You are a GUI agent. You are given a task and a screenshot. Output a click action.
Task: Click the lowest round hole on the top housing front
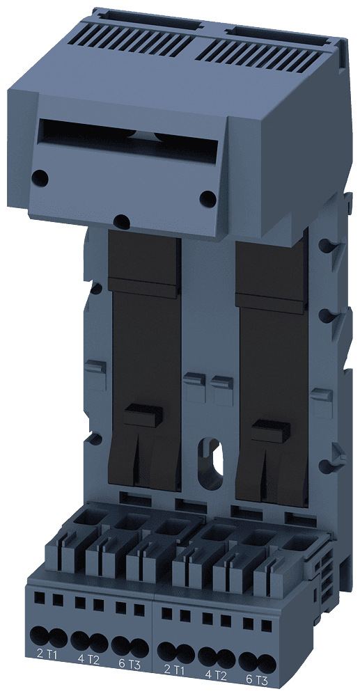pyautogui.click(x=122, y=222)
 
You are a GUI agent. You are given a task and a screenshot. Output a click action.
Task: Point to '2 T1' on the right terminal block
pyautogui.click(x=174, y=670)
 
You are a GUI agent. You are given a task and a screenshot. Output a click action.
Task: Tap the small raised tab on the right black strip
pyautogui.click(x=269, y=432)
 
